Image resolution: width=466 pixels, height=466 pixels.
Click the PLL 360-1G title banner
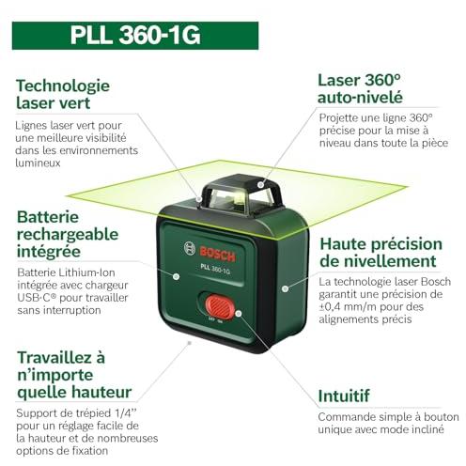[x=135, y=36]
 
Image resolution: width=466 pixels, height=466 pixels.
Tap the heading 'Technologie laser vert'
[x=63, y=94]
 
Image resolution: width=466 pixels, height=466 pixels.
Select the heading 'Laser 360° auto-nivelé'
[x=360, y=88]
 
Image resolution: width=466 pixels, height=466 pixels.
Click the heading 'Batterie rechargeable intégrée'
[x=68, y=234]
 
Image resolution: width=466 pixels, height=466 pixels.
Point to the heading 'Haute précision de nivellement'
[x=381, y=253]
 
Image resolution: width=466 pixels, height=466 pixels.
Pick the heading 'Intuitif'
[x=344, y=396]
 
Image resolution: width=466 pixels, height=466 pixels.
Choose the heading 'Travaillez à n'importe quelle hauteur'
[x=74, y=375]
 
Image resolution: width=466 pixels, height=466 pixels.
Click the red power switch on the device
[x=220, y=306]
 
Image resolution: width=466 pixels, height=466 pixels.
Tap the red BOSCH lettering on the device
[x=217, y=255]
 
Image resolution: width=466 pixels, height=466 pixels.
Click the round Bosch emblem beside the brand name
[x=190, y=248]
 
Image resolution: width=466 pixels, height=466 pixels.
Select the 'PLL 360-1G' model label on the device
[x=215, y=269]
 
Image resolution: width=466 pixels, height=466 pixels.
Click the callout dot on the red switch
[x=239, y=313]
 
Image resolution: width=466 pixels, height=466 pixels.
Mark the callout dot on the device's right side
[x=285, y=288]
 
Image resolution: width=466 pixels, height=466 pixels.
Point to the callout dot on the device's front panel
[x=177, y=276]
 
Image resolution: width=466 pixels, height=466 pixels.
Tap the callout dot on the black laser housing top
[x=260, y=185]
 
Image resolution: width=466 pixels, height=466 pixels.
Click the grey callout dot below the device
[x=189, y=343]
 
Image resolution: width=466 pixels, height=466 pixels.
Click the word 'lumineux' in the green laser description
[x=38, y=163]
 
